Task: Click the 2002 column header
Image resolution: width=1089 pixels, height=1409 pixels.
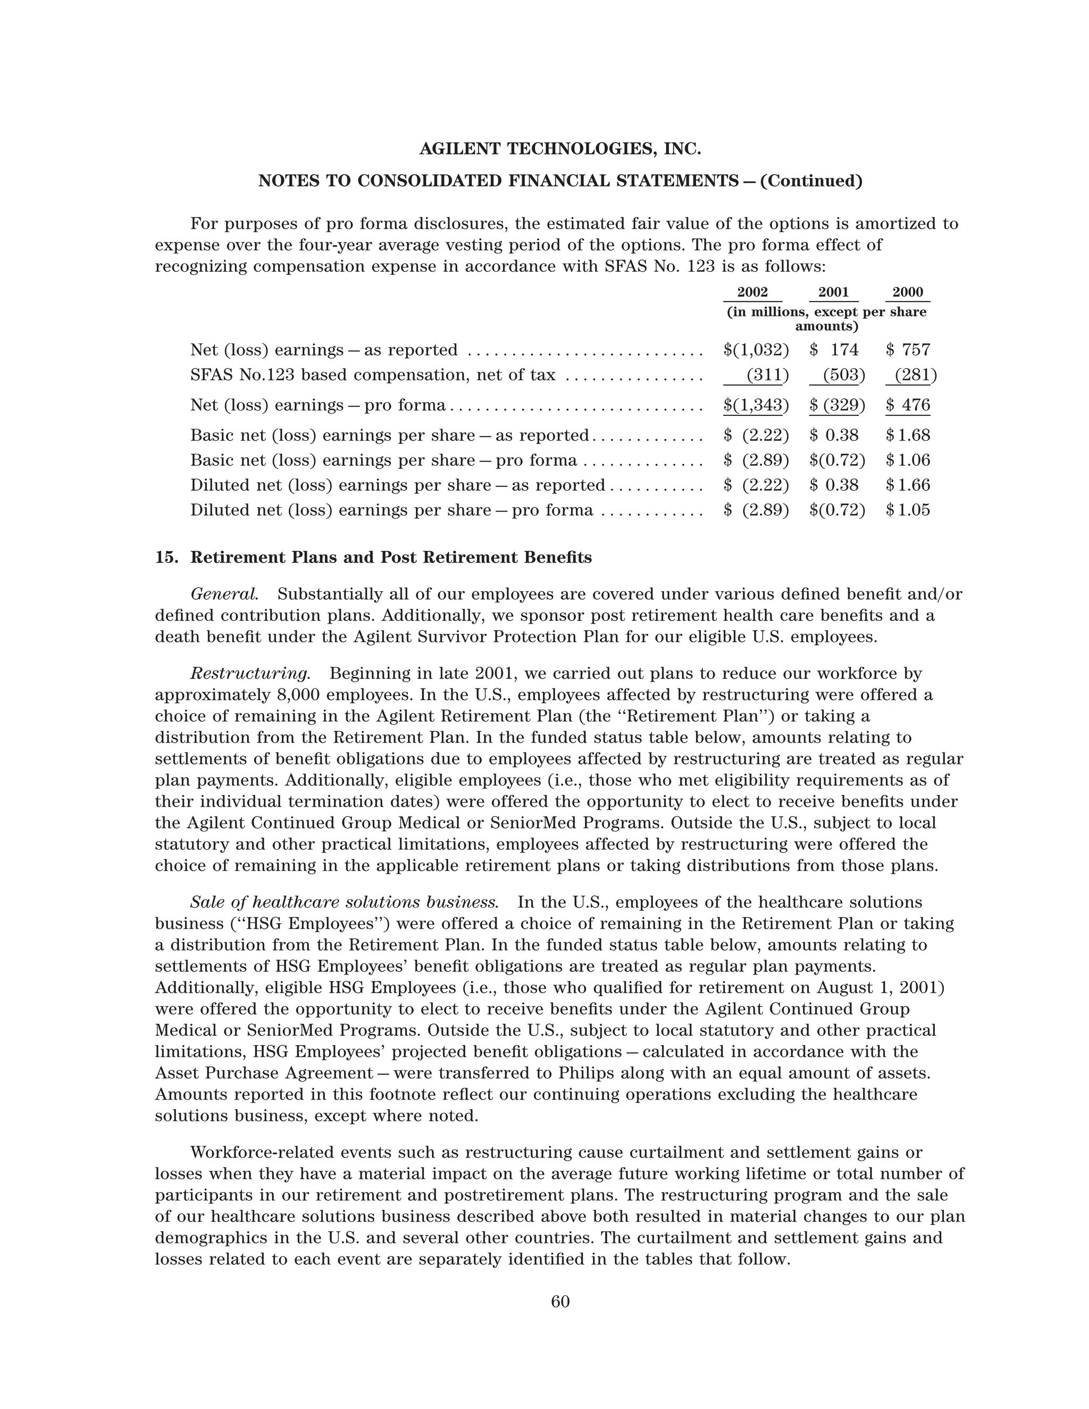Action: click(752, 292)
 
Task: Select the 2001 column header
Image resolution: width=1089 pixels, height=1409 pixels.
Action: click(834, 292)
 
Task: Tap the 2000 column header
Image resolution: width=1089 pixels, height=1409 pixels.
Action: click(907, 292)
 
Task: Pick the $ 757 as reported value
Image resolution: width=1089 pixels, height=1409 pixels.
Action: click(908, 350)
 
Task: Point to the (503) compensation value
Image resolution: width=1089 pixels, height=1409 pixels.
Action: click(841, 375)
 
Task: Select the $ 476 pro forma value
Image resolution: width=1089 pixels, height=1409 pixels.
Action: click(908, 405)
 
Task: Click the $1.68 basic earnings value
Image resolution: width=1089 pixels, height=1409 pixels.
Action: click(908, 435)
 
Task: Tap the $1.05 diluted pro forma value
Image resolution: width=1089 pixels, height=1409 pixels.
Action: click(908, 510)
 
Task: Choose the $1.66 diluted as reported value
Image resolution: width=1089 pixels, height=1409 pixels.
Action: click(908, 485)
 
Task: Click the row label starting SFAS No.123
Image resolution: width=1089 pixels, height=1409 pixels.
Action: click(372, 375)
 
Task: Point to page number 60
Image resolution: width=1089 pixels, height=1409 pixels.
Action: click(560, 1303)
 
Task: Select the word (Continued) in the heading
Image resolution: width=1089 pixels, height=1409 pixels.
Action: click(811, 181)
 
